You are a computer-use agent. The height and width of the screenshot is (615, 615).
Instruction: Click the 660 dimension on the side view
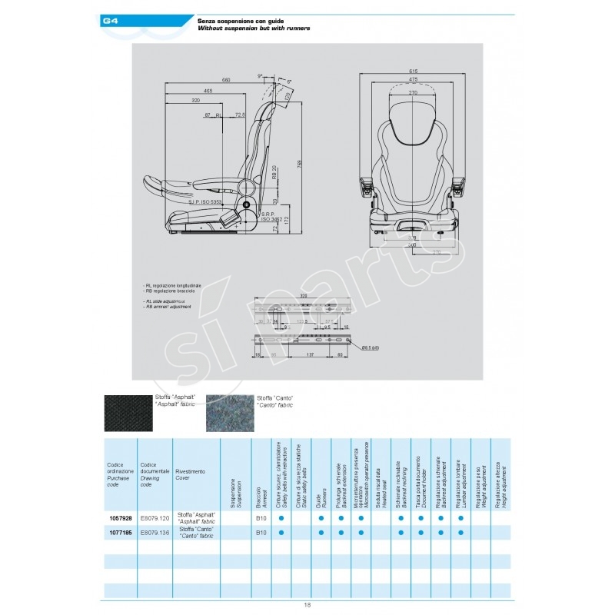point(226,79)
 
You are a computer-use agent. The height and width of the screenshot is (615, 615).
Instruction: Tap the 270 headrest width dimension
point(413,91)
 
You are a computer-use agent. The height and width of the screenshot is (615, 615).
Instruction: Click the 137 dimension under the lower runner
point(308,355)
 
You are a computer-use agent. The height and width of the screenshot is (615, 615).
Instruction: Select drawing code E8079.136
point(155,531)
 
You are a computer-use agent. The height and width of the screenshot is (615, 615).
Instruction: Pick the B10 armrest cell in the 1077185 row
point(261,531)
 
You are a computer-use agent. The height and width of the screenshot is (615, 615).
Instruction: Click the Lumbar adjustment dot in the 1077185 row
point(461,531)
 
